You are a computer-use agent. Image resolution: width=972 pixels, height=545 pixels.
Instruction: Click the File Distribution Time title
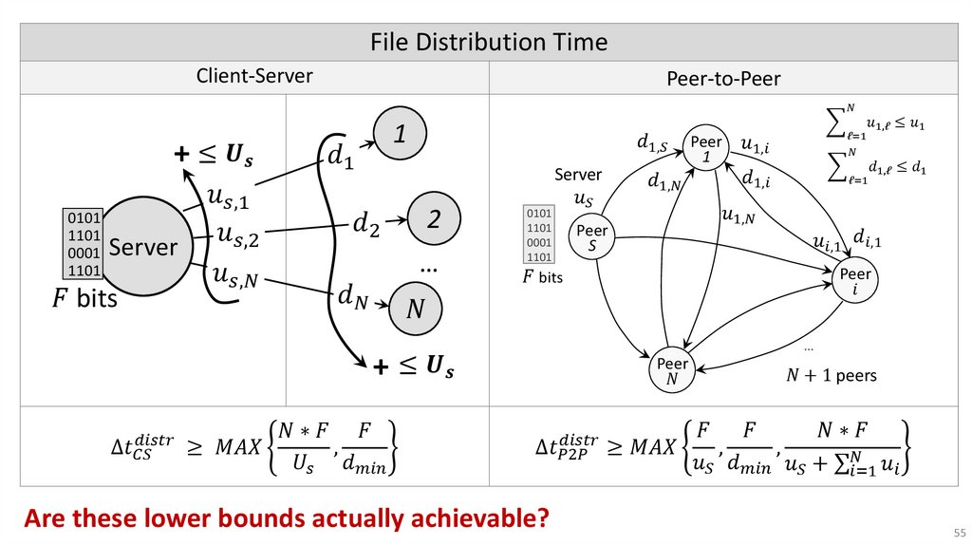click(488, 43)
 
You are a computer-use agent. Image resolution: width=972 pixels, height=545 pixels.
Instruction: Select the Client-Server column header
click(254, 76)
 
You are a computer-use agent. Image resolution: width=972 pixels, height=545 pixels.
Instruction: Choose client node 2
click(433, 220)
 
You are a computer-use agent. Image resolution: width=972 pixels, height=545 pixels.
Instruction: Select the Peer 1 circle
click(707, 148)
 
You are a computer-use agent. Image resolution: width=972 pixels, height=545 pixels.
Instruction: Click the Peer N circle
click(673, 371)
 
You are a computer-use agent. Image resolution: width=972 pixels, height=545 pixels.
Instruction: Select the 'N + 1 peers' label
click(831, 376)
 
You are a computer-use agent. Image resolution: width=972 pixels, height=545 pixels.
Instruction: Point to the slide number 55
click(957, 530)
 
